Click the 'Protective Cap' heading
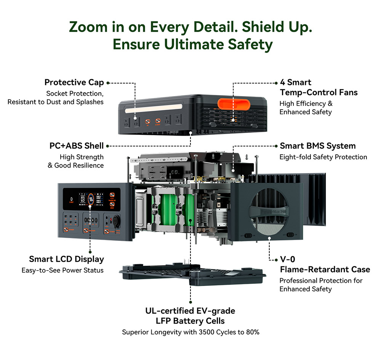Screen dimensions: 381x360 (74, 83)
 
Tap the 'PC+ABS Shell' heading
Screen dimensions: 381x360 (77, 146)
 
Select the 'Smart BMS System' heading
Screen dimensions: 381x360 (318, 146)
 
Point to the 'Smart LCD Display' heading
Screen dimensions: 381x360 (67, 259)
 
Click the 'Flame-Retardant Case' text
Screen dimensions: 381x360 (325, 269)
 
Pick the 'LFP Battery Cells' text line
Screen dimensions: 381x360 (190, 321)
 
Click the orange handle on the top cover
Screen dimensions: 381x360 (234, 104)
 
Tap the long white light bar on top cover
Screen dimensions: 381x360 (154, 108)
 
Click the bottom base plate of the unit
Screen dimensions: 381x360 (192, 274)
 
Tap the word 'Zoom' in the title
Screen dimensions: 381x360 (88, 27)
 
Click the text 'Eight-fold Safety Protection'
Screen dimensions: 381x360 (323, 157)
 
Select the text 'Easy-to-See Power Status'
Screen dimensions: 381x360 (62, 270)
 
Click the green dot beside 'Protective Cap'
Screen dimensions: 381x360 (108, 83)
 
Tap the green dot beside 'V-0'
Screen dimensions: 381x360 (276, 260)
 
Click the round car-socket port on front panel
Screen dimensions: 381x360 (117, 220)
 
